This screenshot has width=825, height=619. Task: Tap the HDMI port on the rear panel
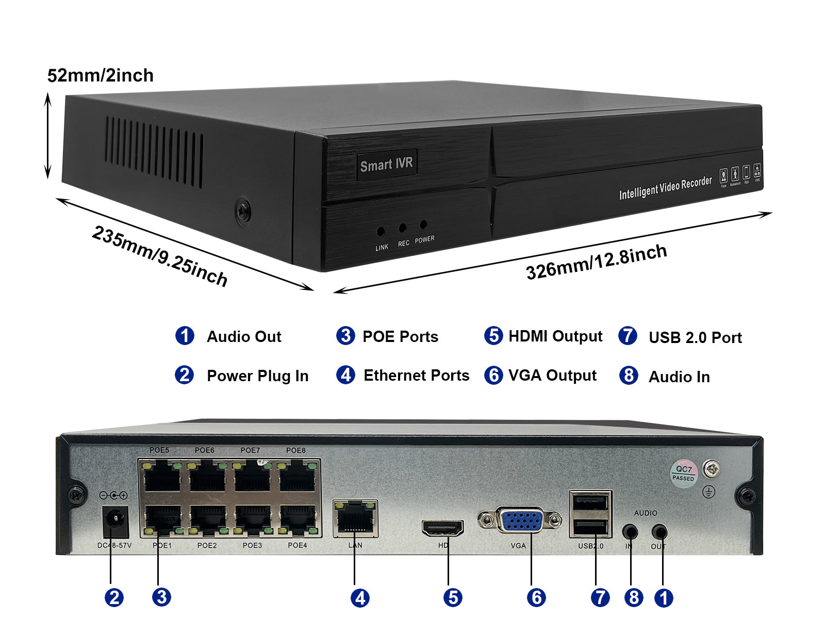pos(442,528)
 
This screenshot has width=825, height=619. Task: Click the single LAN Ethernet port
pos(355,518)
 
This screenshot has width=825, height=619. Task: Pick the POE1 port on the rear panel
pos(162,520)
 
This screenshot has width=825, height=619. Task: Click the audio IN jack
pos(630,532)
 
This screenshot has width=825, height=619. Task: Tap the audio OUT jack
pos(659,532)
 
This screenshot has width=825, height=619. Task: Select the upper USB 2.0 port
pos(590,502)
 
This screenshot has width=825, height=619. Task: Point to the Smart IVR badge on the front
pos(386,165)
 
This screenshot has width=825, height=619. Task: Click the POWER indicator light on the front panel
pos(423,225)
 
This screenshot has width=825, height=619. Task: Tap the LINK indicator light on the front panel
pos(381,231)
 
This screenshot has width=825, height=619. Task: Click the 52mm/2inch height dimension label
pos(101,76)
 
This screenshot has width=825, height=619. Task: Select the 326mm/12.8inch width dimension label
pos(596,262)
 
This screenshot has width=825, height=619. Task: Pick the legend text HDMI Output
pos(555,336)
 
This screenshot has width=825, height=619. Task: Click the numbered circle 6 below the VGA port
pos(536,597)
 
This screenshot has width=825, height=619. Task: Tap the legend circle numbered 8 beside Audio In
pos(628,376)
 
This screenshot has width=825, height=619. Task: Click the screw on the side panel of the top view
pos(243,210)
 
